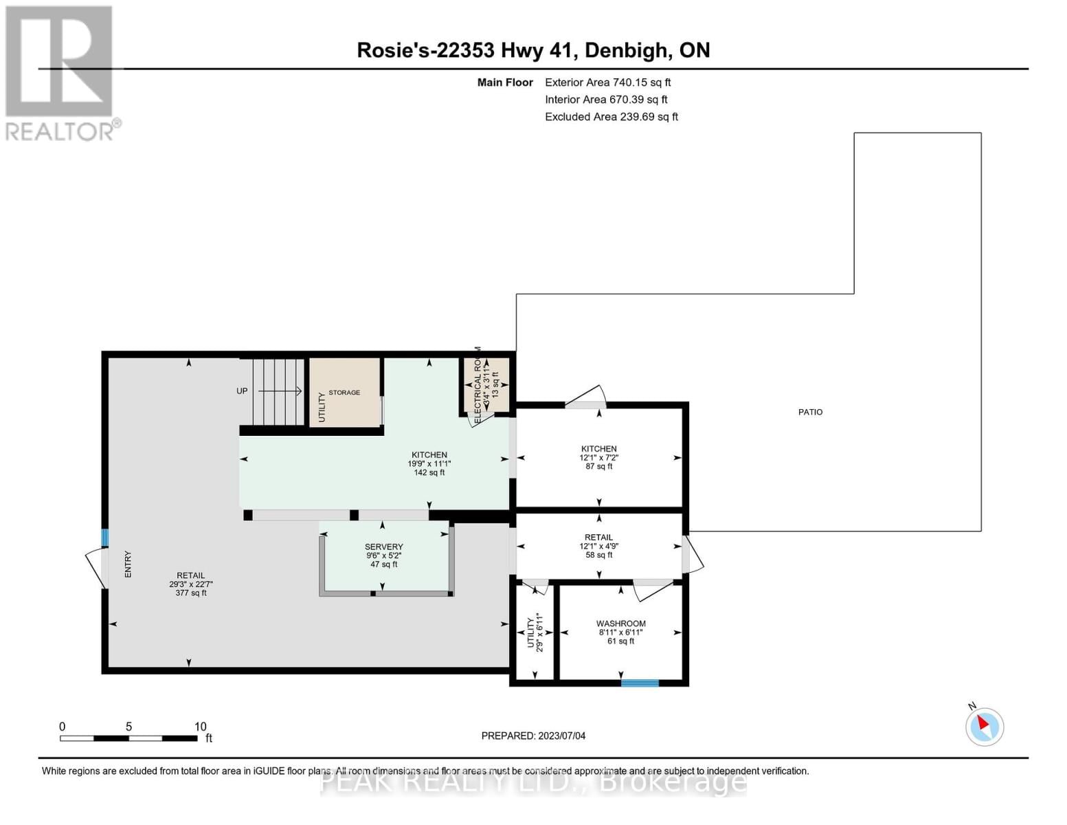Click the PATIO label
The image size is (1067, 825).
point(810,412)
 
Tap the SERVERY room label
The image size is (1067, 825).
point(383,547)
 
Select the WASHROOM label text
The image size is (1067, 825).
point(620,624)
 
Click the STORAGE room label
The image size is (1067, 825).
point(344,393)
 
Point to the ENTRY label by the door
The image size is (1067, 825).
point(128,564)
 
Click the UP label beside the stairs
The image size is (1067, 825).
point(242,391)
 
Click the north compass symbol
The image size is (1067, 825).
point(984,726)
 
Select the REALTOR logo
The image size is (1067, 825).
point(59,73)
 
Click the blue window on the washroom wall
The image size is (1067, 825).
point(640,683)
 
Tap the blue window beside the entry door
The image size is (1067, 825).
point(105,538)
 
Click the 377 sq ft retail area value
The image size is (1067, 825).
point(191,593)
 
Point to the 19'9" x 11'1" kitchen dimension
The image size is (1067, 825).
point(429,463)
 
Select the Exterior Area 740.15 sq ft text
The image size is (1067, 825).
point(607,82)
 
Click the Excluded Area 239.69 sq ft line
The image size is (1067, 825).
point(611,117)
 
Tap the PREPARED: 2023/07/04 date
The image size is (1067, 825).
point(533,736)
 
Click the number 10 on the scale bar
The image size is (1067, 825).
point(200,727)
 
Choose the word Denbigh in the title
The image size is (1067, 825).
point(625,50)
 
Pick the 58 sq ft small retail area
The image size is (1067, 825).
point(598,555)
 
